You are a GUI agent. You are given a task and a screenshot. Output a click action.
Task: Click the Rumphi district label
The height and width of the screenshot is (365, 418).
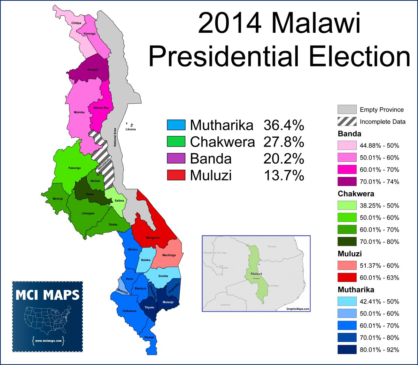(93, 70)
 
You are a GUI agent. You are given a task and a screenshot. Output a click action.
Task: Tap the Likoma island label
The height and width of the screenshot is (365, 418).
(130, 129)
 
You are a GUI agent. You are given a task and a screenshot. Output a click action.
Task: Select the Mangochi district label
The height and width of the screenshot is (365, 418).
(153, 238)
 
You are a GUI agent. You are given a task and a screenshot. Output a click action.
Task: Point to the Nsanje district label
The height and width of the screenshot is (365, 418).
(149, 338)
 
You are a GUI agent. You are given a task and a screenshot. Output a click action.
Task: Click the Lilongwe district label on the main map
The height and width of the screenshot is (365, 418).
(88, 213)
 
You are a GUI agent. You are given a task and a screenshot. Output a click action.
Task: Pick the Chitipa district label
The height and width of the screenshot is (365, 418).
(76, 23)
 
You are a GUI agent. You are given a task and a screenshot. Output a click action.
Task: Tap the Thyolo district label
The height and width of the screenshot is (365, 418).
(149, 308)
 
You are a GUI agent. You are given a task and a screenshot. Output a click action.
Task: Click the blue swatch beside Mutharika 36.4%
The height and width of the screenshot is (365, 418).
(176, 125)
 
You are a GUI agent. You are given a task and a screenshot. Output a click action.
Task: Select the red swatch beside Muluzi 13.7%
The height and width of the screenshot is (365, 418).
(176, 175)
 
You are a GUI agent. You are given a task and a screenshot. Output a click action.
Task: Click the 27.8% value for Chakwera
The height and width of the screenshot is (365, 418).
(284, 142)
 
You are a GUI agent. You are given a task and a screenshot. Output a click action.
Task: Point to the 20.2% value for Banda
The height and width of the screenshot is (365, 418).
(284, 159)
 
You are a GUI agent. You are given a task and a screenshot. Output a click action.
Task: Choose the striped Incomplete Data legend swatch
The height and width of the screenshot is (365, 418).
(347, 121)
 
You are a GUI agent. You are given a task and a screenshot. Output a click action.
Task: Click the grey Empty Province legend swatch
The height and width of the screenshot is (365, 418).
(347, 109)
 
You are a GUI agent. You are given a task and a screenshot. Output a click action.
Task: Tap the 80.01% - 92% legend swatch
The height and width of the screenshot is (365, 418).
(347, 349)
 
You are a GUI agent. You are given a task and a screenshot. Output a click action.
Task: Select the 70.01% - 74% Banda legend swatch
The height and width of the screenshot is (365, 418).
(347, 181)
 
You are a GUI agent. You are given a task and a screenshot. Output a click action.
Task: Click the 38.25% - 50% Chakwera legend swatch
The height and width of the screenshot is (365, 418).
(347, 205)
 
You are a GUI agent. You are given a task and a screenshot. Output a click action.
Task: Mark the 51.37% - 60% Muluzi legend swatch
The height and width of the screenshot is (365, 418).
(347, 266)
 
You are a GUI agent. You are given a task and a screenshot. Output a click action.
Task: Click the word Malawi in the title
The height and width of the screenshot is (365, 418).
(316, 23)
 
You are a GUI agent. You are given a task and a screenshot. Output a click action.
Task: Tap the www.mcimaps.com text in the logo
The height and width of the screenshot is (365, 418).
(48, 341)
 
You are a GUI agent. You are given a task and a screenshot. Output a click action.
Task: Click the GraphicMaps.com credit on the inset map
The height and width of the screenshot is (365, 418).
(298, 309)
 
